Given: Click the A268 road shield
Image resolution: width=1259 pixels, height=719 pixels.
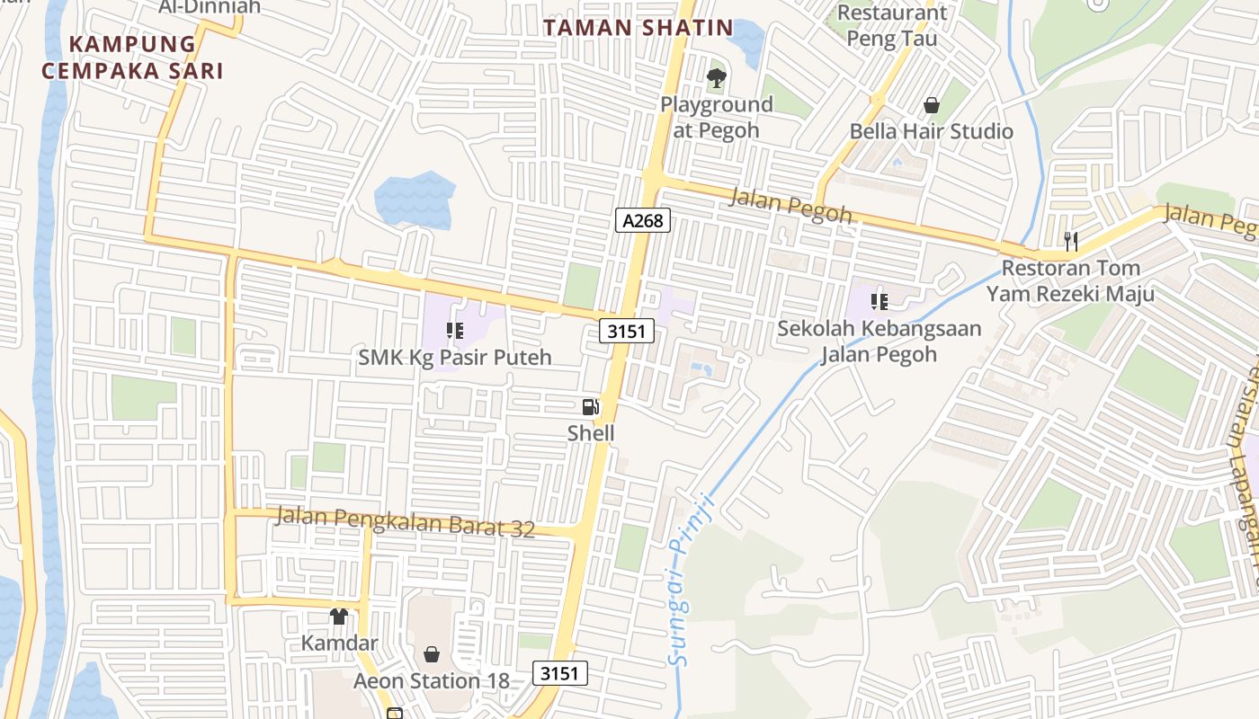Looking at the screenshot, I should [x=644, y=220].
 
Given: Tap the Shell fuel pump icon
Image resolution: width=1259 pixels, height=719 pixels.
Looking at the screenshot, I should [x=590, y=406].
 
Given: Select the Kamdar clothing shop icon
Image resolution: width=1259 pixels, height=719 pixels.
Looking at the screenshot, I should [x=338, y=617].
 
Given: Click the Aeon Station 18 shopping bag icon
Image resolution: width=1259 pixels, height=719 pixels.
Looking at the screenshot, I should [x=432, y=653].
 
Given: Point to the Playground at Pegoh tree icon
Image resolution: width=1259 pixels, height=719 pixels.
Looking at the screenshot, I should [x=716, y=78].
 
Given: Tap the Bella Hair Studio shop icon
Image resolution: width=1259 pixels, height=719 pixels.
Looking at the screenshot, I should [x=932, y=105].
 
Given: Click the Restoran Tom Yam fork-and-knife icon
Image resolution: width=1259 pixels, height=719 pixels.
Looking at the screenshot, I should [x=1070, y=241].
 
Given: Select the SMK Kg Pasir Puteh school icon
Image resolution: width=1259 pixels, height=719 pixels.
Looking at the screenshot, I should [x=454, y=331].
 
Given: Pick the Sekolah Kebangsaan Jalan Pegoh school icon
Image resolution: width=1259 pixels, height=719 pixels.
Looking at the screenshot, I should [x=879, y=301].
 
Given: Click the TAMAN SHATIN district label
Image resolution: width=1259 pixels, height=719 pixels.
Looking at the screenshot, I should [x=638, y=28].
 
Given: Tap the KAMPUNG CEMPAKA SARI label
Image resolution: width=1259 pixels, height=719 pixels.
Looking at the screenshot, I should [x=132, y=57].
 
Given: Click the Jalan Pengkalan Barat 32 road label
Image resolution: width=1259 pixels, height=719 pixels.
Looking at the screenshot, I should [x=405, y=522].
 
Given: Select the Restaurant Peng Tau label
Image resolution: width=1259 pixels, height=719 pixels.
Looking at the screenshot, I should [x=891, y=25].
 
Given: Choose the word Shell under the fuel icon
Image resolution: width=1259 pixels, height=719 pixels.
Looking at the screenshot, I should [x=591, y=433].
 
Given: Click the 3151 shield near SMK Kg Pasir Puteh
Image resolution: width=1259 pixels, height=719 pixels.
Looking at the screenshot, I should [x=627, y=331].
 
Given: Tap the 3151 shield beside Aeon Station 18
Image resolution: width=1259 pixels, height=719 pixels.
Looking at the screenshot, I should [x=561, y=672].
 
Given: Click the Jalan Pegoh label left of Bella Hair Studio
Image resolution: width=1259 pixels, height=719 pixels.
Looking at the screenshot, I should [x=790, y=206].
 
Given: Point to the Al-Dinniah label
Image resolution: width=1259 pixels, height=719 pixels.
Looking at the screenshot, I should [x=210, y=7].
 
